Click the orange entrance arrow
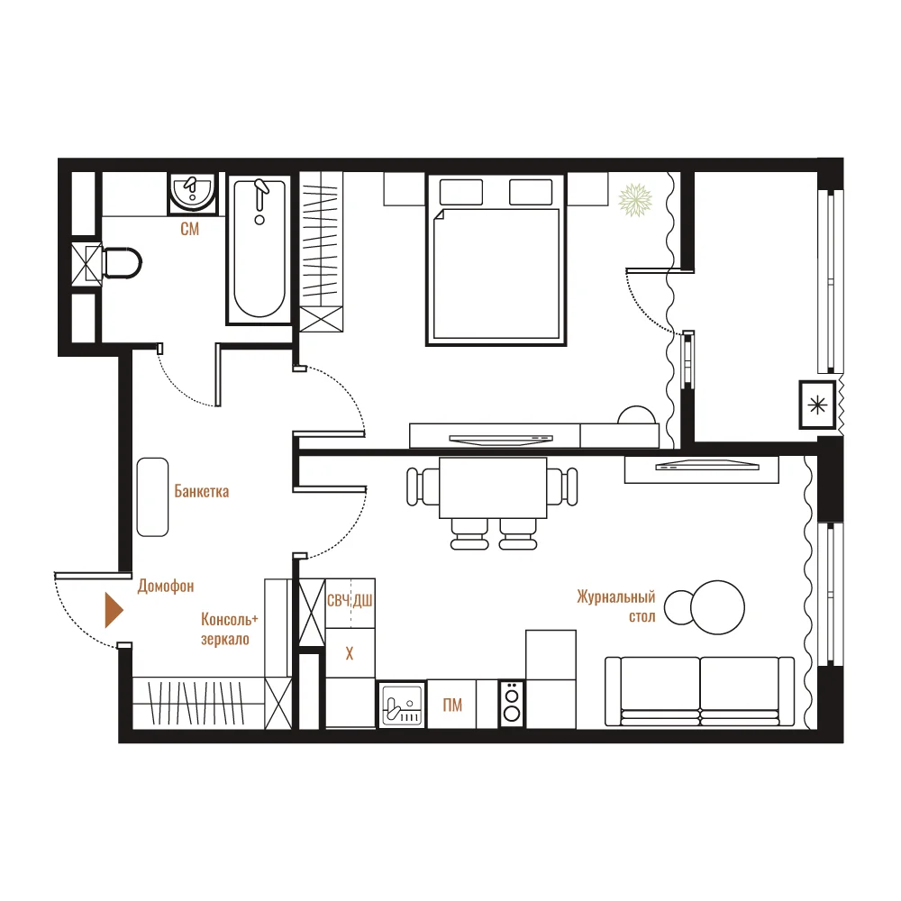(x=114, y=610)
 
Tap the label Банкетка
(x=202, y=491)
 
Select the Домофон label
(x=166, y=587)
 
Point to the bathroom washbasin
(x=193, y=193)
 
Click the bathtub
(x=259, y=250)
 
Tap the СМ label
(x=189, y=229)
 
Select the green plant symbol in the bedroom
(x=635, y=201)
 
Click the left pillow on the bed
(x=460, y=192)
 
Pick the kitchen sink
(x=401, y=705)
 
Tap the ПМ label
(x=452, y=705)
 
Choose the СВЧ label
(x=338, y=601)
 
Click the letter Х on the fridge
(x=350, y=653)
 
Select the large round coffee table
(x=718, y=607)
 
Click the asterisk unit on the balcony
(x=817, y=405)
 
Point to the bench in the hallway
(x=152, y=497)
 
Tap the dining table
(x=493, y=487)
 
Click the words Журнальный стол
(x=616, y=606)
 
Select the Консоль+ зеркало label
(x=229, y=629)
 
